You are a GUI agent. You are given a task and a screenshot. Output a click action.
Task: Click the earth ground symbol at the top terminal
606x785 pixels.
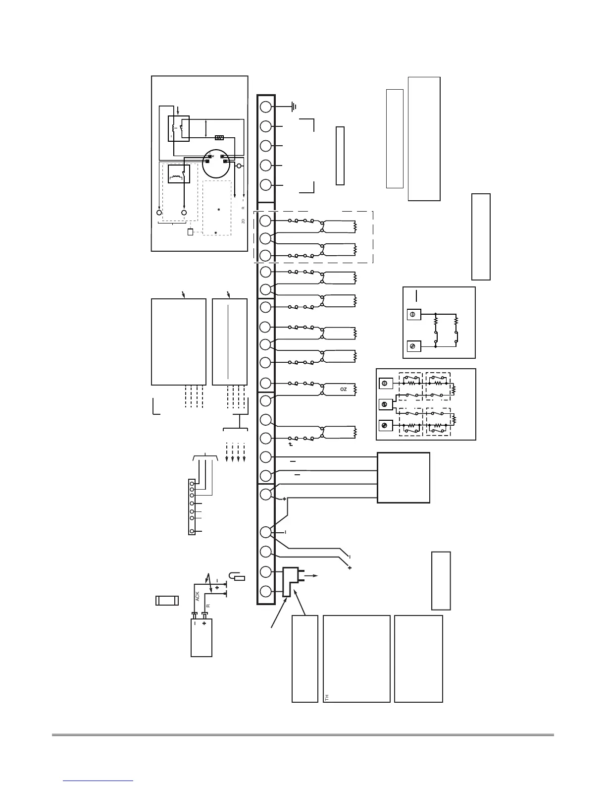[294, 106]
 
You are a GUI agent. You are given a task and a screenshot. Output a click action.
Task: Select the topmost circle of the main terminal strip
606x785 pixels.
[266, 107]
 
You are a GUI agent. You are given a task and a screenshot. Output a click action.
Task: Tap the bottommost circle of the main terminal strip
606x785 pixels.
[266, 592]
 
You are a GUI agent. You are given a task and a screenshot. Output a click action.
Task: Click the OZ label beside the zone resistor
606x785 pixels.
[344, 390]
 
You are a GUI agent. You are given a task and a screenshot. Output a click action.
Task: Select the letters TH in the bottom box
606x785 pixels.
[327, 697]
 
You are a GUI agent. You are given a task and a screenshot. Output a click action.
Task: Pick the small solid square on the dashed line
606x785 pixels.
[190, 232]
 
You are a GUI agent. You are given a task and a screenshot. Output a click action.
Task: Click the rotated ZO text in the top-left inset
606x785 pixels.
[243, 221]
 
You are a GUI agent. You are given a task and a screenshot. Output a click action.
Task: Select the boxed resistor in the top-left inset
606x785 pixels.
[219, 138]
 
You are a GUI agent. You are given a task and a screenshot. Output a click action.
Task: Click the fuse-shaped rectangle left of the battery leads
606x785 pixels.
[167, 601]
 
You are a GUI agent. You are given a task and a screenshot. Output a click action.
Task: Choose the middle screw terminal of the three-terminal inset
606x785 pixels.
[386, 404]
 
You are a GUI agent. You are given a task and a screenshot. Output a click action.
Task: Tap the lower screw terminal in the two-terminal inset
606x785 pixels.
[413, 346]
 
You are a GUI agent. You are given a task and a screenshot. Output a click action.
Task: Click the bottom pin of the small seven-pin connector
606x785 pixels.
[192, 531]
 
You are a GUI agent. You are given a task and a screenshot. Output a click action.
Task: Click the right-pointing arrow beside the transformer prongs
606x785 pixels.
[311, 576]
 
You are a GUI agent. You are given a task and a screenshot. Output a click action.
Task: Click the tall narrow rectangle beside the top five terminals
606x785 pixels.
[340, 156]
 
